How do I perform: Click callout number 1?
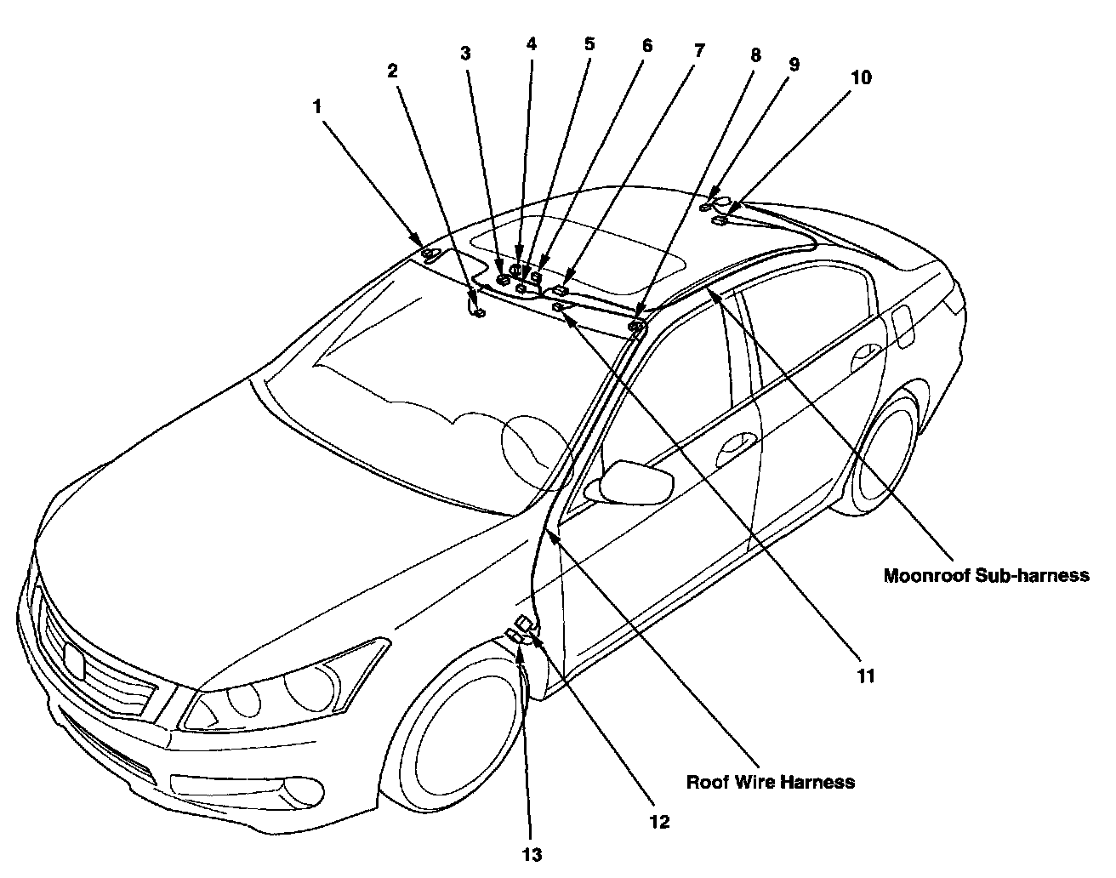tap(317, 107)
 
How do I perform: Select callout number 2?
tap(392, 71)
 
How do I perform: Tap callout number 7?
tap(698, 51)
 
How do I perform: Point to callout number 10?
tap(861, 78)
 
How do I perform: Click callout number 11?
tap(866, 676)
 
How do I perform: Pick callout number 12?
tap(659, 822)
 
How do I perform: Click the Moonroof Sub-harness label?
tap(986, 576)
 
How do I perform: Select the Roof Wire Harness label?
tap(770, 781)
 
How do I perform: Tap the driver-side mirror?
tap(635, 482)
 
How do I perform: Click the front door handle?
tap(737, 445)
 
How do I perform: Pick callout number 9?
tap(793, 64)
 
